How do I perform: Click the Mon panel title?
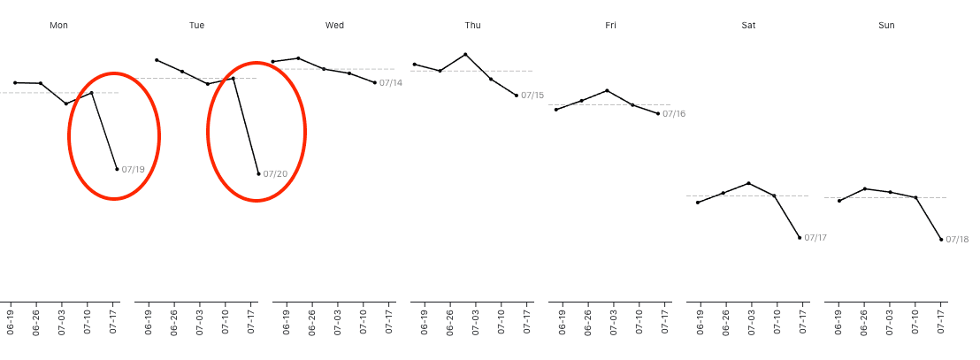(59, 26)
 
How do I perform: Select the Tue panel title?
(196, 26)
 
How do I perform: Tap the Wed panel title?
(334, 26)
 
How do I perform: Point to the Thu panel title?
(473, 26)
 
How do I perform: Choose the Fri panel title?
(610, 26)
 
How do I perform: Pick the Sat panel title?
(748, 26)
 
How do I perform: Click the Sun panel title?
(886, 26)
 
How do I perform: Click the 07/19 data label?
(133, 169)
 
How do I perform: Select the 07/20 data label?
(275, 173)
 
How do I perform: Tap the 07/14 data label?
(390, 83)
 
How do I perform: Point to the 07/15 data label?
(532, 96)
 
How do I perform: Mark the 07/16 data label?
(674, 114)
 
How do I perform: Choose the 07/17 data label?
(815, 238)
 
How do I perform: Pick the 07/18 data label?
(957, 240)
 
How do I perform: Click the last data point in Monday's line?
(117, 169)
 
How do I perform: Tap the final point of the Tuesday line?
(258, 173)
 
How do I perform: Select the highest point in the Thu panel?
(465, 54)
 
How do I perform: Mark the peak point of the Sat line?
(749, 183)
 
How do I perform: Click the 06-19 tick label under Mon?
(11, 320)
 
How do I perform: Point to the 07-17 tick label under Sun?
(941, 320)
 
